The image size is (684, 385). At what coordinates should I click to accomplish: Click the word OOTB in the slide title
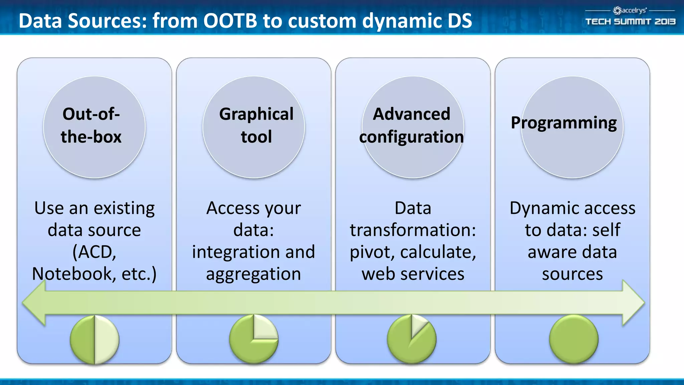(230, 21)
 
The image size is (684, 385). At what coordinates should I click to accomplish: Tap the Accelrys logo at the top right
(630, 11)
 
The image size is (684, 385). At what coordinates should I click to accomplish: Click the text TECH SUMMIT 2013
(630, 22)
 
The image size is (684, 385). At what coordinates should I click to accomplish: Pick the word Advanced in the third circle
(411, 114)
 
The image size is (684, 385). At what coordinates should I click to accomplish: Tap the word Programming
(564, 123)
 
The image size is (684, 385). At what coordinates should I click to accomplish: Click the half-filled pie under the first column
(95, 340)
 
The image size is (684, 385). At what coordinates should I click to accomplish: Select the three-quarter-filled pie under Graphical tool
(253, 339)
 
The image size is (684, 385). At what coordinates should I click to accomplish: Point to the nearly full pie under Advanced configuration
(411, 339)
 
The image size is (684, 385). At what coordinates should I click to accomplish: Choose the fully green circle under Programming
(573, 339)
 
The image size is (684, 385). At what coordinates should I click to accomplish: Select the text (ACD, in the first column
(95, 252)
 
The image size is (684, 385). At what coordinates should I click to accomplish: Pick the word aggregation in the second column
(253, 274)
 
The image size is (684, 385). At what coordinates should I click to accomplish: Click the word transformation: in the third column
(413, 230)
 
